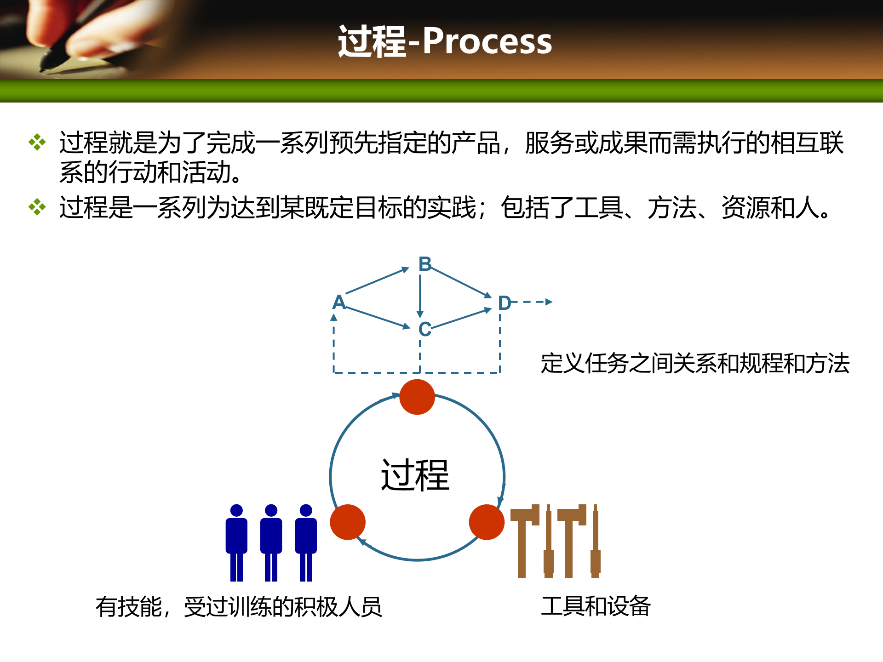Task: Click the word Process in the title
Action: click(487, 41)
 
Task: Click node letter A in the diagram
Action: click(339, 302)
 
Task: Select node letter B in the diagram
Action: click(424, 264)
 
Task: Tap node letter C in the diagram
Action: click(424, 329)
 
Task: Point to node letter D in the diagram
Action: click(505, 303)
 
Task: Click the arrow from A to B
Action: click(377, 280)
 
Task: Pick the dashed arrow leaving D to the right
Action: click(533, 302)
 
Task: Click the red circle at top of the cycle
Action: click(417, 397)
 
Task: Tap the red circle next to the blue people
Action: click(348, 522)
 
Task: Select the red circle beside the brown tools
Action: click(487, 522)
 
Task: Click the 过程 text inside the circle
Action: click(415, 475)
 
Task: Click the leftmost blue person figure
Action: click(236, 542)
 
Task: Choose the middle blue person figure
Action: click(271, 542)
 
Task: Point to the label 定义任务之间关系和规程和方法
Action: click(694, 363)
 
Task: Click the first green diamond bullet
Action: click(37, 142)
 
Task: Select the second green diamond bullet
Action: click(37, 207)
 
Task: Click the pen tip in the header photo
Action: click(44, 69)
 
